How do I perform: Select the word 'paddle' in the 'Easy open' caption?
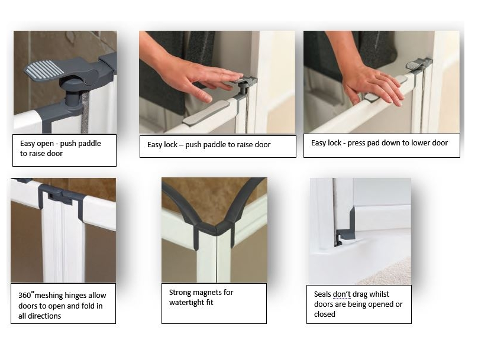tap(89, 144)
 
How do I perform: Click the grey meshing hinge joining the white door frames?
tap(62, 196)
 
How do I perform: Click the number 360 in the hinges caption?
tap(24, 296)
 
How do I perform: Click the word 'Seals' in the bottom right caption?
tap(322, 294)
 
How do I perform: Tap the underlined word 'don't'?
tap(342, 294)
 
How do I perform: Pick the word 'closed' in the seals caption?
tap(324, 314)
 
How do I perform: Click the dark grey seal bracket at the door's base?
tap(347, 228)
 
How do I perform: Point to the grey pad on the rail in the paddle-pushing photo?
tap(206, 112)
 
